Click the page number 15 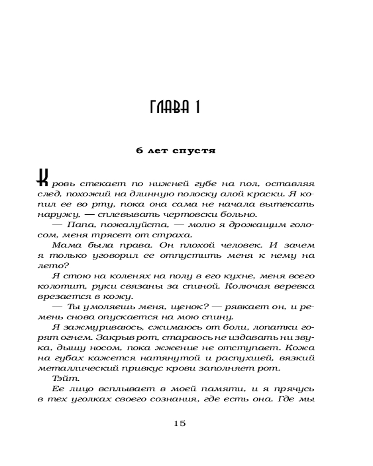[180, 423]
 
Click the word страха [167, 235]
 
